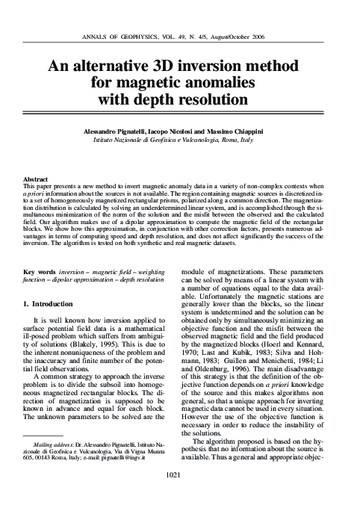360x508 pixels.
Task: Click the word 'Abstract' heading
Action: tap(37, 179)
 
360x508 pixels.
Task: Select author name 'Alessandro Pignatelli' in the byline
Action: tap(131, 131)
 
